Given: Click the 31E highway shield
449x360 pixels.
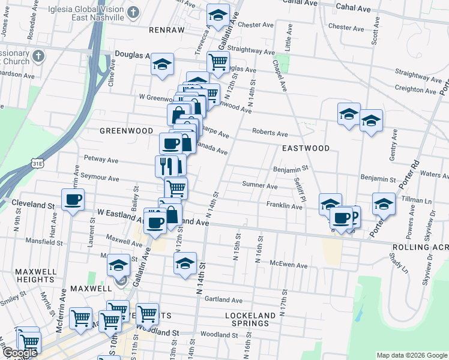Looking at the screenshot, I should tap(38, 163).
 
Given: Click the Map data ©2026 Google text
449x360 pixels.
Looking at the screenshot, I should tap(412, 355).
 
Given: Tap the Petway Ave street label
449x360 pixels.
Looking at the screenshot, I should tap(101, 160).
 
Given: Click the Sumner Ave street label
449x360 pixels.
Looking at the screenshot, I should tap(260, 186).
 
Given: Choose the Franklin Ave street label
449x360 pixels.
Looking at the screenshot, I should tap(285, 206).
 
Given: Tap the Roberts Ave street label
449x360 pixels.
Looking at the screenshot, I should tap(270, 133).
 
